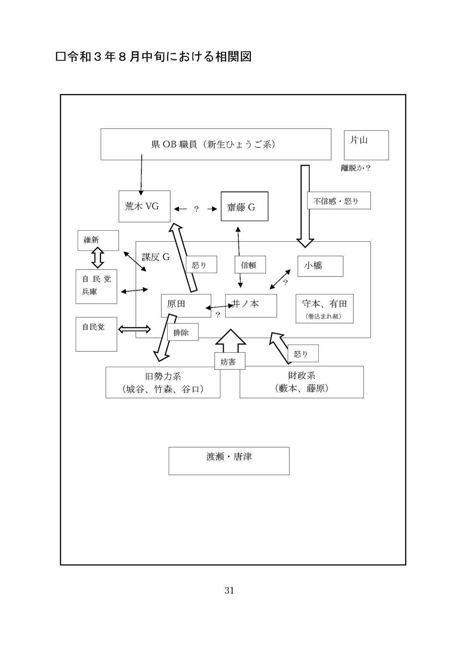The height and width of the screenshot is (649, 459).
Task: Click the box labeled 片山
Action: pyautogui.click(x=366, y=145)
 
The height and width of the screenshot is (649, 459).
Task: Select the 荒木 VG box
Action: pyautogui.click(x=144, y=206)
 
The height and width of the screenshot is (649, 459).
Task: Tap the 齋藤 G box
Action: pyautogui.click(x=244, y=207)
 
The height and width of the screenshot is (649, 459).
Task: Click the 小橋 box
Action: pyautogui.click(x=320, y=266)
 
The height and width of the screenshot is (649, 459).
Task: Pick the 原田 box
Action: pyautogui.click(x=186, y=305)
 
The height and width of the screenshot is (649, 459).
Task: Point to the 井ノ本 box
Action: pyautogui.click(x=251, y=305)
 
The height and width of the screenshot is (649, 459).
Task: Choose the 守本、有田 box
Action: pyautogui.click(x=324, y=308)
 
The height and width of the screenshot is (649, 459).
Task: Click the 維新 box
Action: pyautogui.click(x=98, y=240)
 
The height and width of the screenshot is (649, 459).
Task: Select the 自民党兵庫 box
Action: pyautogui.click(x=96, y=286)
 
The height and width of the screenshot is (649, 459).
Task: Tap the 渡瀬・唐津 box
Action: pyautogui.click(x=229, y=461)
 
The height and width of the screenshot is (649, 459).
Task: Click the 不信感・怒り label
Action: pyautogui.click(x=339, y=200)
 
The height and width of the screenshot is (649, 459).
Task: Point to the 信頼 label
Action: pyautogui.click(x=250, y=265)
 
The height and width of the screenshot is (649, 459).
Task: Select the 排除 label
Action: pyautogui.click(x=183, y=332)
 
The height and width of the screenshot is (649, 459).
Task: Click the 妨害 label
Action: pyautogui.click(x=229, y=361)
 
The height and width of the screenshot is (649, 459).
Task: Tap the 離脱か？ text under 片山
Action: pyautogui.click(x=355, y=168)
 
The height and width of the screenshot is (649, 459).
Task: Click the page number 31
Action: pyautogui.click(x=229, y=590)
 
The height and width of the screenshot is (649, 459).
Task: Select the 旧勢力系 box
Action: pyautogui.click(x=163, y=382)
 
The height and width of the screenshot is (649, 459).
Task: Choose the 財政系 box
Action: pyautogui.click(x=301, y=382)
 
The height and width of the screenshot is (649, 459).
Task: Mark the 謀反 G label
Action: pyautogui.click(x=156, y=257)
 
